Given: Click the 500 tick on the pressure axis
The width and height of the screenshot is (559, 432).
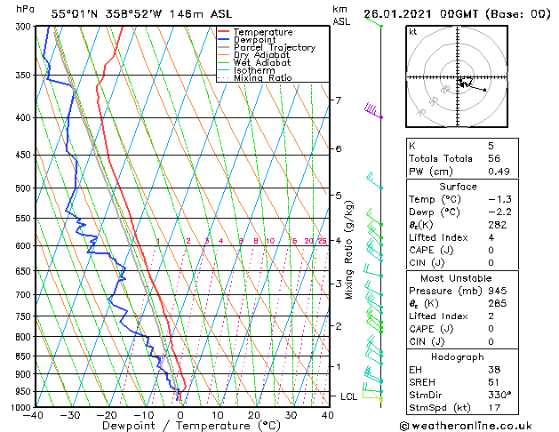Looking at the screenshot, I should click(23, 188).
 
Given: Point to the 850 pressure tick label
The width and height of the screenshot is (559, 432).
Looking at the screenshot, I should click(23, 356).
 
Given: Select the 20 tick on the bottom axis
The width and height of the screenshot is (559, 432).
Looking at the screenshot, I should click(254, 415).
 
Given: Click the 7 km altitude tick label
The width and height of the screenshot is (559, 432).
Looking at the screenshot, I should click(338, 100).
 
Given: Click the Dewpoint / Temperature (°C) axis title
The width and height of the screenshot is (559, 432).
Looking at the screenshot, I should click(180, 427).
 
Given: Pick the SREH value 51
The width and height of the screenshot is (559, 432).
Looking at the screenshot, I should click(494, 381).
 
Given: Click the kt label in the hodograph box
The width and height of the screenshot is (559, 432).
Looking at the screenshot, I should click(412, 31).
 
